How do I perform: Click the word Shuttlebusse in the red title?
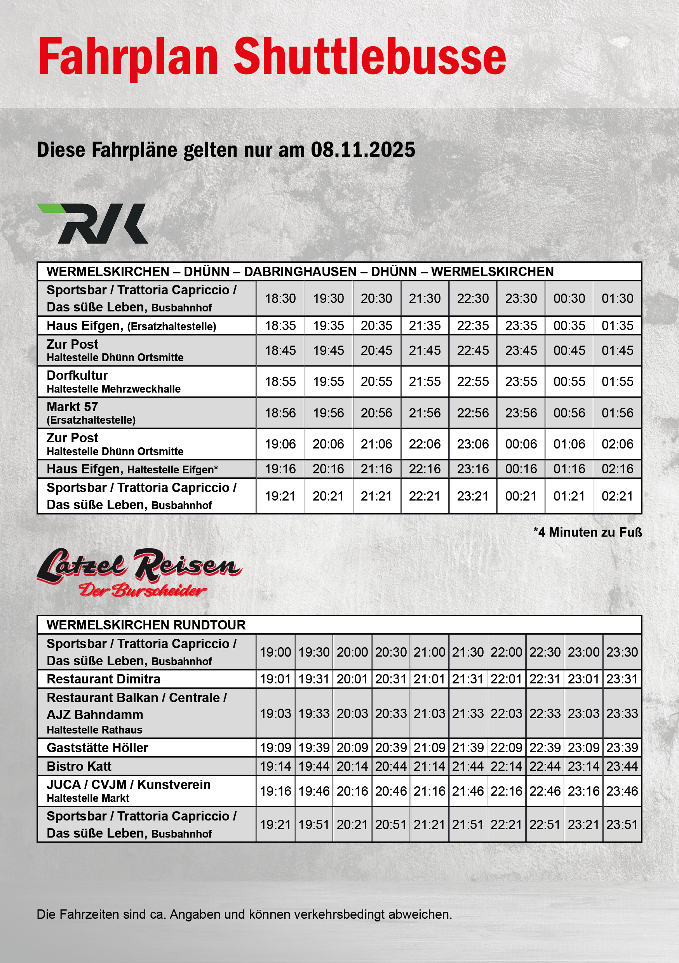[369, 57]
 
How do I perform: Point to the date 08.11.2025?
[362, 150]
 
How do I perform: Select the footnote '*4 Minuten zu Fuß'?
[587, 532]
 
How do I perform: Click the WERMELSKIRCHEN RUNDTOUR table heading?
[146, 625]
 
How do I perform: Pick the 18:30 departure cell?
[280, 298]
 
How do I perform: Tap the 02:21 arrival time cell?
[617, 496]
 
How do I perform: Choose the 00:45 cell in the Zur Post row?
[569, 350]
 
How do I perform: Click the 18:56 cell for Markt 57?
[280, 413]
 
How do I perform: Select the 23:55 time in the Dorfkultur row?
[521, 381]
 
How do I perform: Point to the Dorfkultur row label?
[77, 375]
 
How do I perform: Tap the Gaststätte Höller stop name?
[97, 748]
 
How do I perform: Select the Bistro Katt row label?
[79, 766]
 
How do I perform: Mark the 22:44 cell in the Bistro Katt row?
[545, 766]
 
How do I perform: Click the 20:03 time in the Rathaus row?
[352, 713]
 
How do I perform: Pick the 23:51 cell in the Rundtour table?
[622, 825]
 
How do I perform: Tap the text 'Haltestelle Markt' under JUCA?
[88, 798]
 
